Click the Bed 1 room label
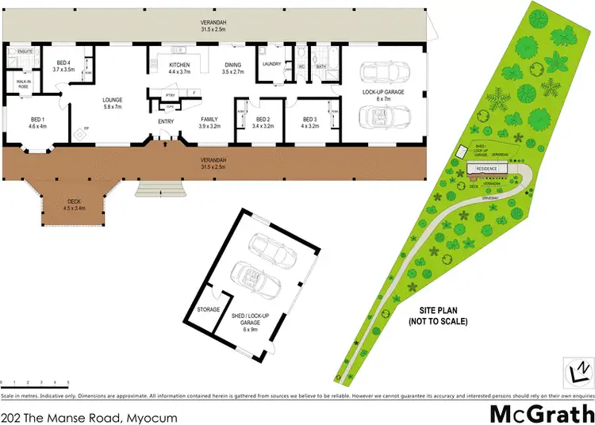tap(38, 122)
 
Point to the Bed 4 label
tap(64, 67)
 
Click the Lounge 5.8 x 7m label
tap(112, 103)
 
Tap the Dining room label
tap(232, 68)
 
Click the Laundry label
tap(272, 64)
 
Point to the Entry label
tap(166, 121)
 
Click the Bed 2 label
tap(262, 122)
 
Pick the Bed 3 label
tap(310, 122)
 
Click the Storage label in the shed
tap(209, 309)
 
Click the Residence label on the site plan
tap(486, 169)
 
